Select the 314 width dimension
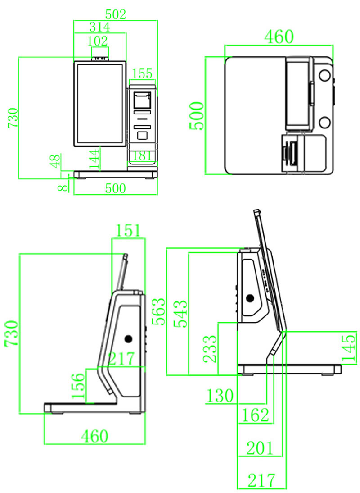(x=99, y=27)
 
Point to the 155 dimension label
(x=143, y=73)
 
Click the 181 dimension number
(x=143, y=156)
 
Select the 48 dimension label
(x=55, y=161)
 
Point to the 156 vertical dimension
(x=78, y=385)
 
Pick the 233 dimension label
(x=210, y=349)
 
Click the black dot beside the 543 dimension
(x=250, y=298)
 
